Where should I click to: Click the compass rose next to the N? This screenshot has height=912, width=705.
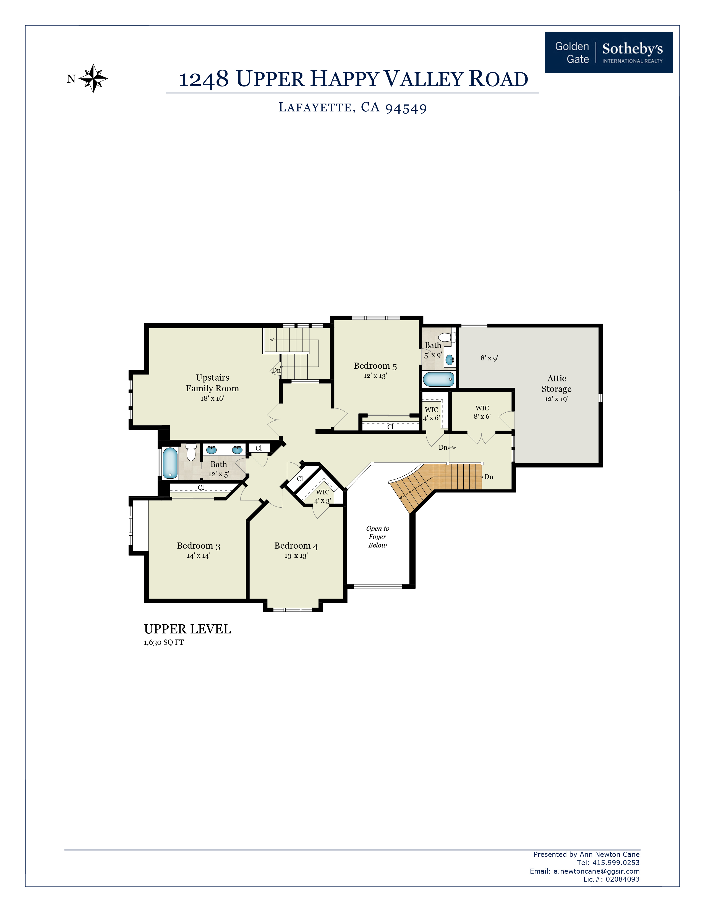coord(93,78)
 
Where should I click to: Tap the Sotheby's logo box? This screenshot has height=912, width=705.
coord(609,53)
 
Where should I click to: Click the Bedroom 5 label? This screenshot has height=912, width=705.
coord(375,366)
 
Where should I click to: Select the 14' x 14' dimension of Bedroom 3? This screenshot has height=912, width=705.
coord(199,556)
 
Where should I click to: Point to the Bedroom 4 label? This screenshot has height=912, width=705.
coord(296,546)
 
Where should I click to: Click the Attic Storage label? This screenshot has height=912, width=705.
coord(556,383)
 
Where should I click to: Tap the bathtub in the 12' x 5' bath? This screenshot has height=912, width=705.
coord(170,463)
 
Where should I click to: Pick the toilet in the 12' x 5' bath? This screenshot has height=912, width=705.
coord(191,452)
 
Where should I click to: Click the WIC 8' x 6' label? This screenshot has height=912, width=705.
coord(482,412)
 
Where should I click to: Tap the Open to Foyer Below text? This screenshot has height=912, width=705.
coord(378,537)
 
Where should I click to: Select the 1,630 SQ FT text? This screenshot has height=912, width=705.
coord(164,643)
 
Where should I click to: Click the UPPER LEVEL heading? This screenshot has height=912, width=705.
coord(187,629)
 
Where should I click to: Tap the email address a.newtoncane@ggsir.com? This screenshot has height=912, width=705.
coord(596,871)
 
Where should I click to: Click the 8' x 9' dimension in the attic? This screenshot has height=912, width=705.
coord(489,358)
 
